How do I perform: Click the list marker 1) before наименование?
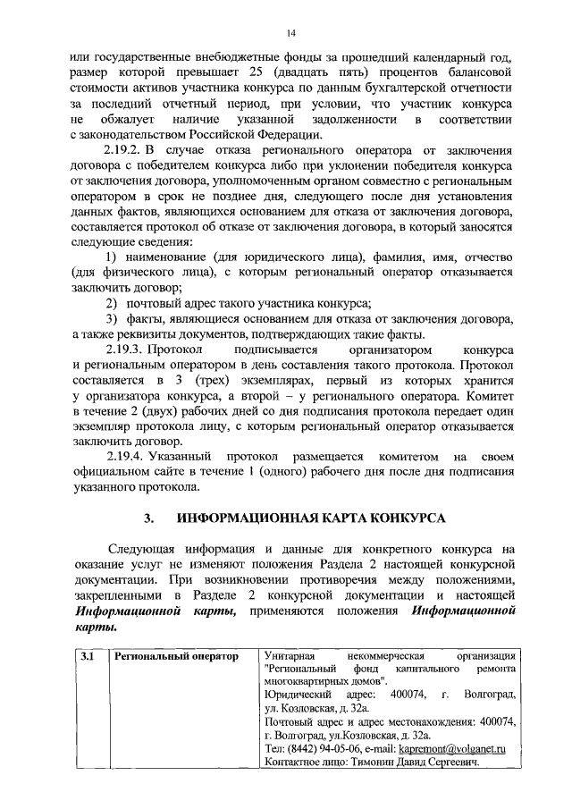(x=112, y=257)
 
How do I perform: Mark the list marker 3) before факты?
(x=112, y=319)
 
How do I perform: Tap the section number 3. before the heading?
(x=150, y=518)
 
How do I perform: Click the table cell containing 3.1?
(x=87, y=657)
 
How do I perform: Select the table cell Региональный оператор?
(x=177, y=657)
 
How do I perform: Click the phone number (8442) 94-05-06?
(x=331, y=747)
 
